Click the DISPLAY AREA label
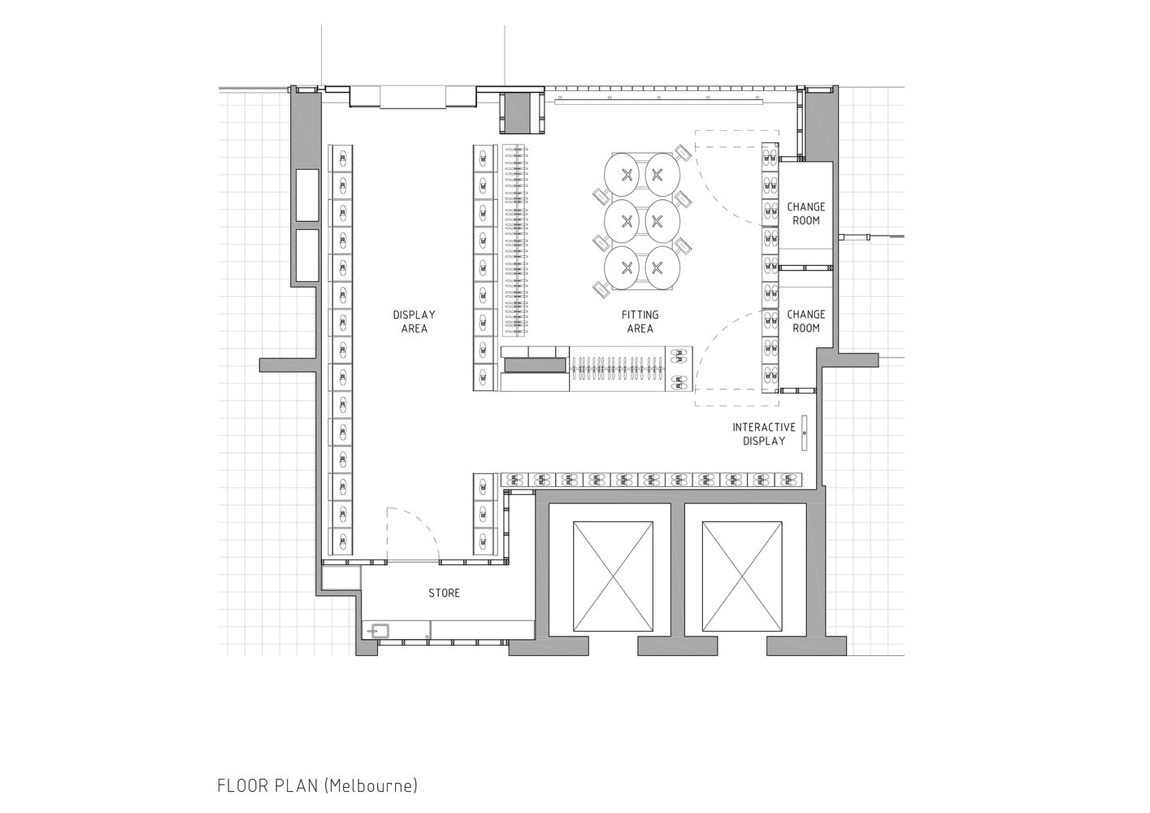[x=414, y=321]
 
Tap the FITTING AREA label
[x=640, y=321]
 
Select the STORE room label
[x=444, y=593]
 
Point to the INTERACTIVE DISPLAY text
[x=764, y=434]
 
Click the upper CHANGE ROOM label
[x=806, y=214]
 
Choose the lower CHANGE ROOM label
[x=806, y=321]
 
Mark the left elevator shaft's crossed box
[x=613, y=576]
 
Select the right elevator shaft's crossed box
[x=742, y=576]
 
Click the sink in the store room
[x=377, y=629]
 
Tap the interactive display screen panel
[x=805, y=433]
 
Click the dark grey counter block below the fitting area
[x=535, y=365]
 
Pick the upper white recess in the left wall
[x=307, y=195]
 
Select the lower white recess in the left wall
[x=307, y=255]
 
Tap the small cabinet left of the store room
[x=341, y=577]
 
